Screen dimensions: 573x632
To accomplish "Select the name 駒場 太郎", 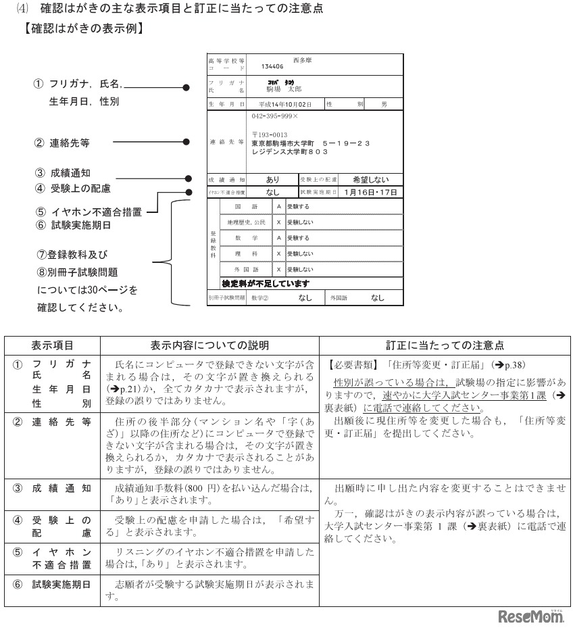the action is [284, 89].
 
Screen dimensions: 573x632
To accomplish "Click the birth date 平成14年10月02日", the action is [285, 105].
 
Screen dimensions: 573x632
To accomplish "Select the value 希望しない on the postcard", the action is [371, 180].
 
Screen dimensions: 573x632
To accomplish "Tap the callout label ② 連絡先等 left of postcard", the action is [61, 143].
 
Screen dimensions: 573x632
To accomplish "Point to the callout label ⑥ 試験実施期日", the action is [71, 225].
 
